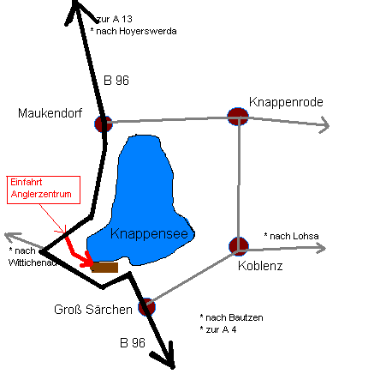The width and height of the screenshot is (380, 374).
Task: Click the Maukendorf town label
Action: click(x=50, y=113)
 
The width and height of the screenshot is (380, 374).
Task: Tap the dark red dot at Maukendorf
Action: click(x=104, y=124)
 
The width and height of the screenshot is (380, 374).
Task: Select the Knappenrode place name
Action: click(x=286, y=102)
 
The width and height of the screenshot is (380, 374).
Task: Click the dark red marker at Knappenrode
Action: click(x=238, y=117)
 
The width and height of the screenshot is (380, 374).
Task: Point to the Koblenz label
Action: click(x=260, y=266)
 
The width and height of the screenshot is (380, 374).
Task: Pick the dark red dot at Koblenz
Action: click(x=239, y=246)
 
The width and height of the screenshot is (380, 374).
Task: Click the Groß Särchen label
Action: click(x=93, y=310)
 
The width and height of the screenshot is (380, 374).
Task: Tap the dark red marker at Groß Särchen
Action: click(x=147, y=307)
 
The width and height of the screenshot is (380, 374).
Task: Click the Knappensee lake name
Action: click(x=149, y=234)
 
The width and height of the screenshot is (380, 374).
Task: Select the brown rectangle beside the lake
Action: click(x=104, y=268)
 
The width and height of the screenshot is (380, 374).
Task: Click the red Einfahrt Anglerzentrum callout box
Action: click(x=44, y=190)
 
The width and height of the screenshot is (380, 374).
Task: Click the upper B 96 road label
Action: click(x=116, y=81)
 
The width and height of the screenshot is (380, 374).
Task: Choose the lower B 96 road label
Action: click(x=133, y=343)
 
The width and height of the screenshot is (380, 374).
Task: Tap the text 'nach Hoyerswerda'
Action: click(x=136, y=31)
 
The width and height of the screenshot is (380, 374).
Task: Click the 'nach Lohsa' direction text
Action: click(x=294, y=236)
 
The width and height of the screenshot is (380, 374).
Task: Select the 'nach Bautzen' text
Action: click(x=235, y=317)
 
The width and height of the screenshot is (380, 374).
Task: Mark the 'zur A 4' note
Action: click(x=221, y=329)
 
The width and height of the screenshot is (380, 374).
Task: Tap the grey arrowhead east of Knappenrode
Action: click(x=324, y=125)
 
